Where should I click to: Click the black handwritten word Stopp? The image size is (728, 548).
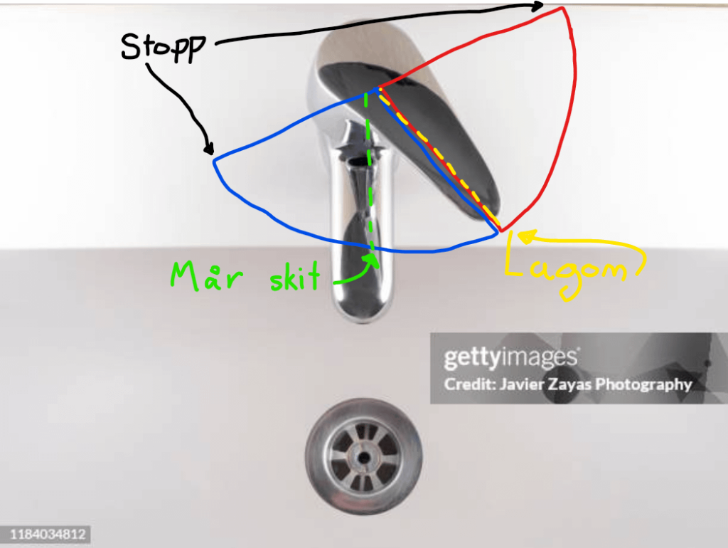(163, 48)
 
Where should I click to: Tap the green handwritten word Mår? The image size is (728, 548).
(207, 276)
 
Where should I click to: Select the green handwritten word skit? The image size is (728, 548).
(295, 277)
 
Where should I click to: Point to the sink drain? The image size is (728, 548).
(363, 456)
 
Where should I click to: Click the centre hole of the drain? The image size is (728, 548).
(363, 458)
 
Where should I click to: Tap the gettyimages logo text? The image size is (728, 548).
(510, 358)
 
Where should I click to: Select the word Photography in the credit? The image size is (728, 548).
(644, 385)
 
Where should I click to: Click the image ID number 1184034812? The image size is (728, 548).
(48, 534)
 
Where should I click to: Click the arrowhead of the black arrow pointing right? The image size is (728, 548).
(537, 6)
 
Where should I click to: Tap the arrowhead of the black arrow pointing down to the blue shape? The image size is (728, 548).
(210, 149)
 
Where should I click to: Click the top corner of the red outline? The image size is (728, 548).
(562, 7)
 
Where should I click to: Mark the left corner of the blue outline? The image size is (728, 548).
(214, 162)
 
